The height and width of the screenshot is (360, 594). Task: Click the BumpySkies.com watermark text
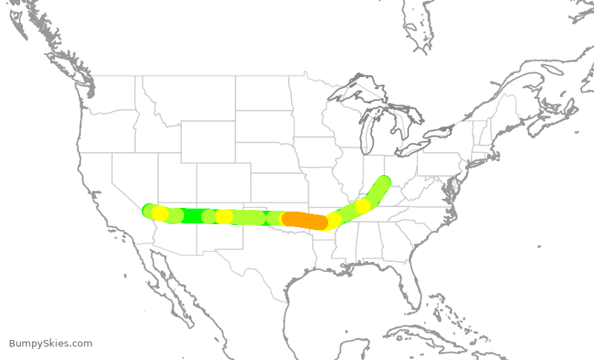click(x=50, y=343)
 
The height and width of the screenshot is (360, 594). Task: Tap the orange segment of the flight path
click(x=305, y=220)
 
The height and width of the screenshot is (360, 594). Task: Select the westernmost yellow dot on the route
click(x=160, y=214)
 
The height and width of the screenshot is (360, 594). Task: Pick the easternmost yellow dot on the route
click(x=362, y=206)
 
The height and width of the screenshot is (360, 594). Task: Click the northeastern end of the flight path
click(x=383, y=182)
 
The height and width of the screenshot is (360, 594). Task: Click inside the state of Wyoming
click(x=207, y=140)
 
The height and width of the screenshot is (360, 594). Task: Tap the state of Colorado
click(x=223, y=183)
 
